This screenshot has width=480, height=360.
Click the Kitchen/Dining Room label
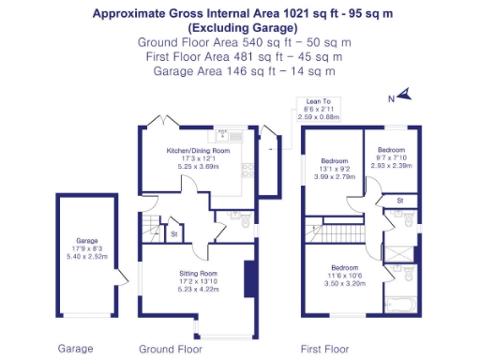click(x=198, y=150)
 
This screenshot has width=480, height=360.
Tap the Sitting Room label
click(x=199, y=274)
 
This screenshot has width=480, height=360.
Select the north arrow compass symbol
click(x=401, y=94)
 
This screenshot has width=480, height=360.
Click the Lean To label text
click(x=310, y=102)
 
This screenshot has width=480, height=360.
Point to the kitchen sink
click(x=224, y=136)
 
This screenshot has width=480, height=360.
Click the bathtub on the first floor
click(x=404, y=304)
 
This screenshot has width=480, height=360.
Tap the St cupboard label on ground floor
click(x=174, y=233)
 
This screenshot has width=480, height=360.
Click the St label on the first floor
click(x=399, y=200)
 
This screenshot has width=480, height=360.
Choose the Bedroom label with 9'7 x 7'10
click(x=391, y=150)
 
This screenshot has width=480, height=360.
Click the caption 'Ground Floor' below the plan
click(x=170, y=348)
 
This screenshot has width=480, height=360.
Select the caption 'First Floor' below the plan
click(x=323, y=348)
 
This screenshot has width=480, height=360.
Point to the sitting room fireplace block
click(x=248, y=278)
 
